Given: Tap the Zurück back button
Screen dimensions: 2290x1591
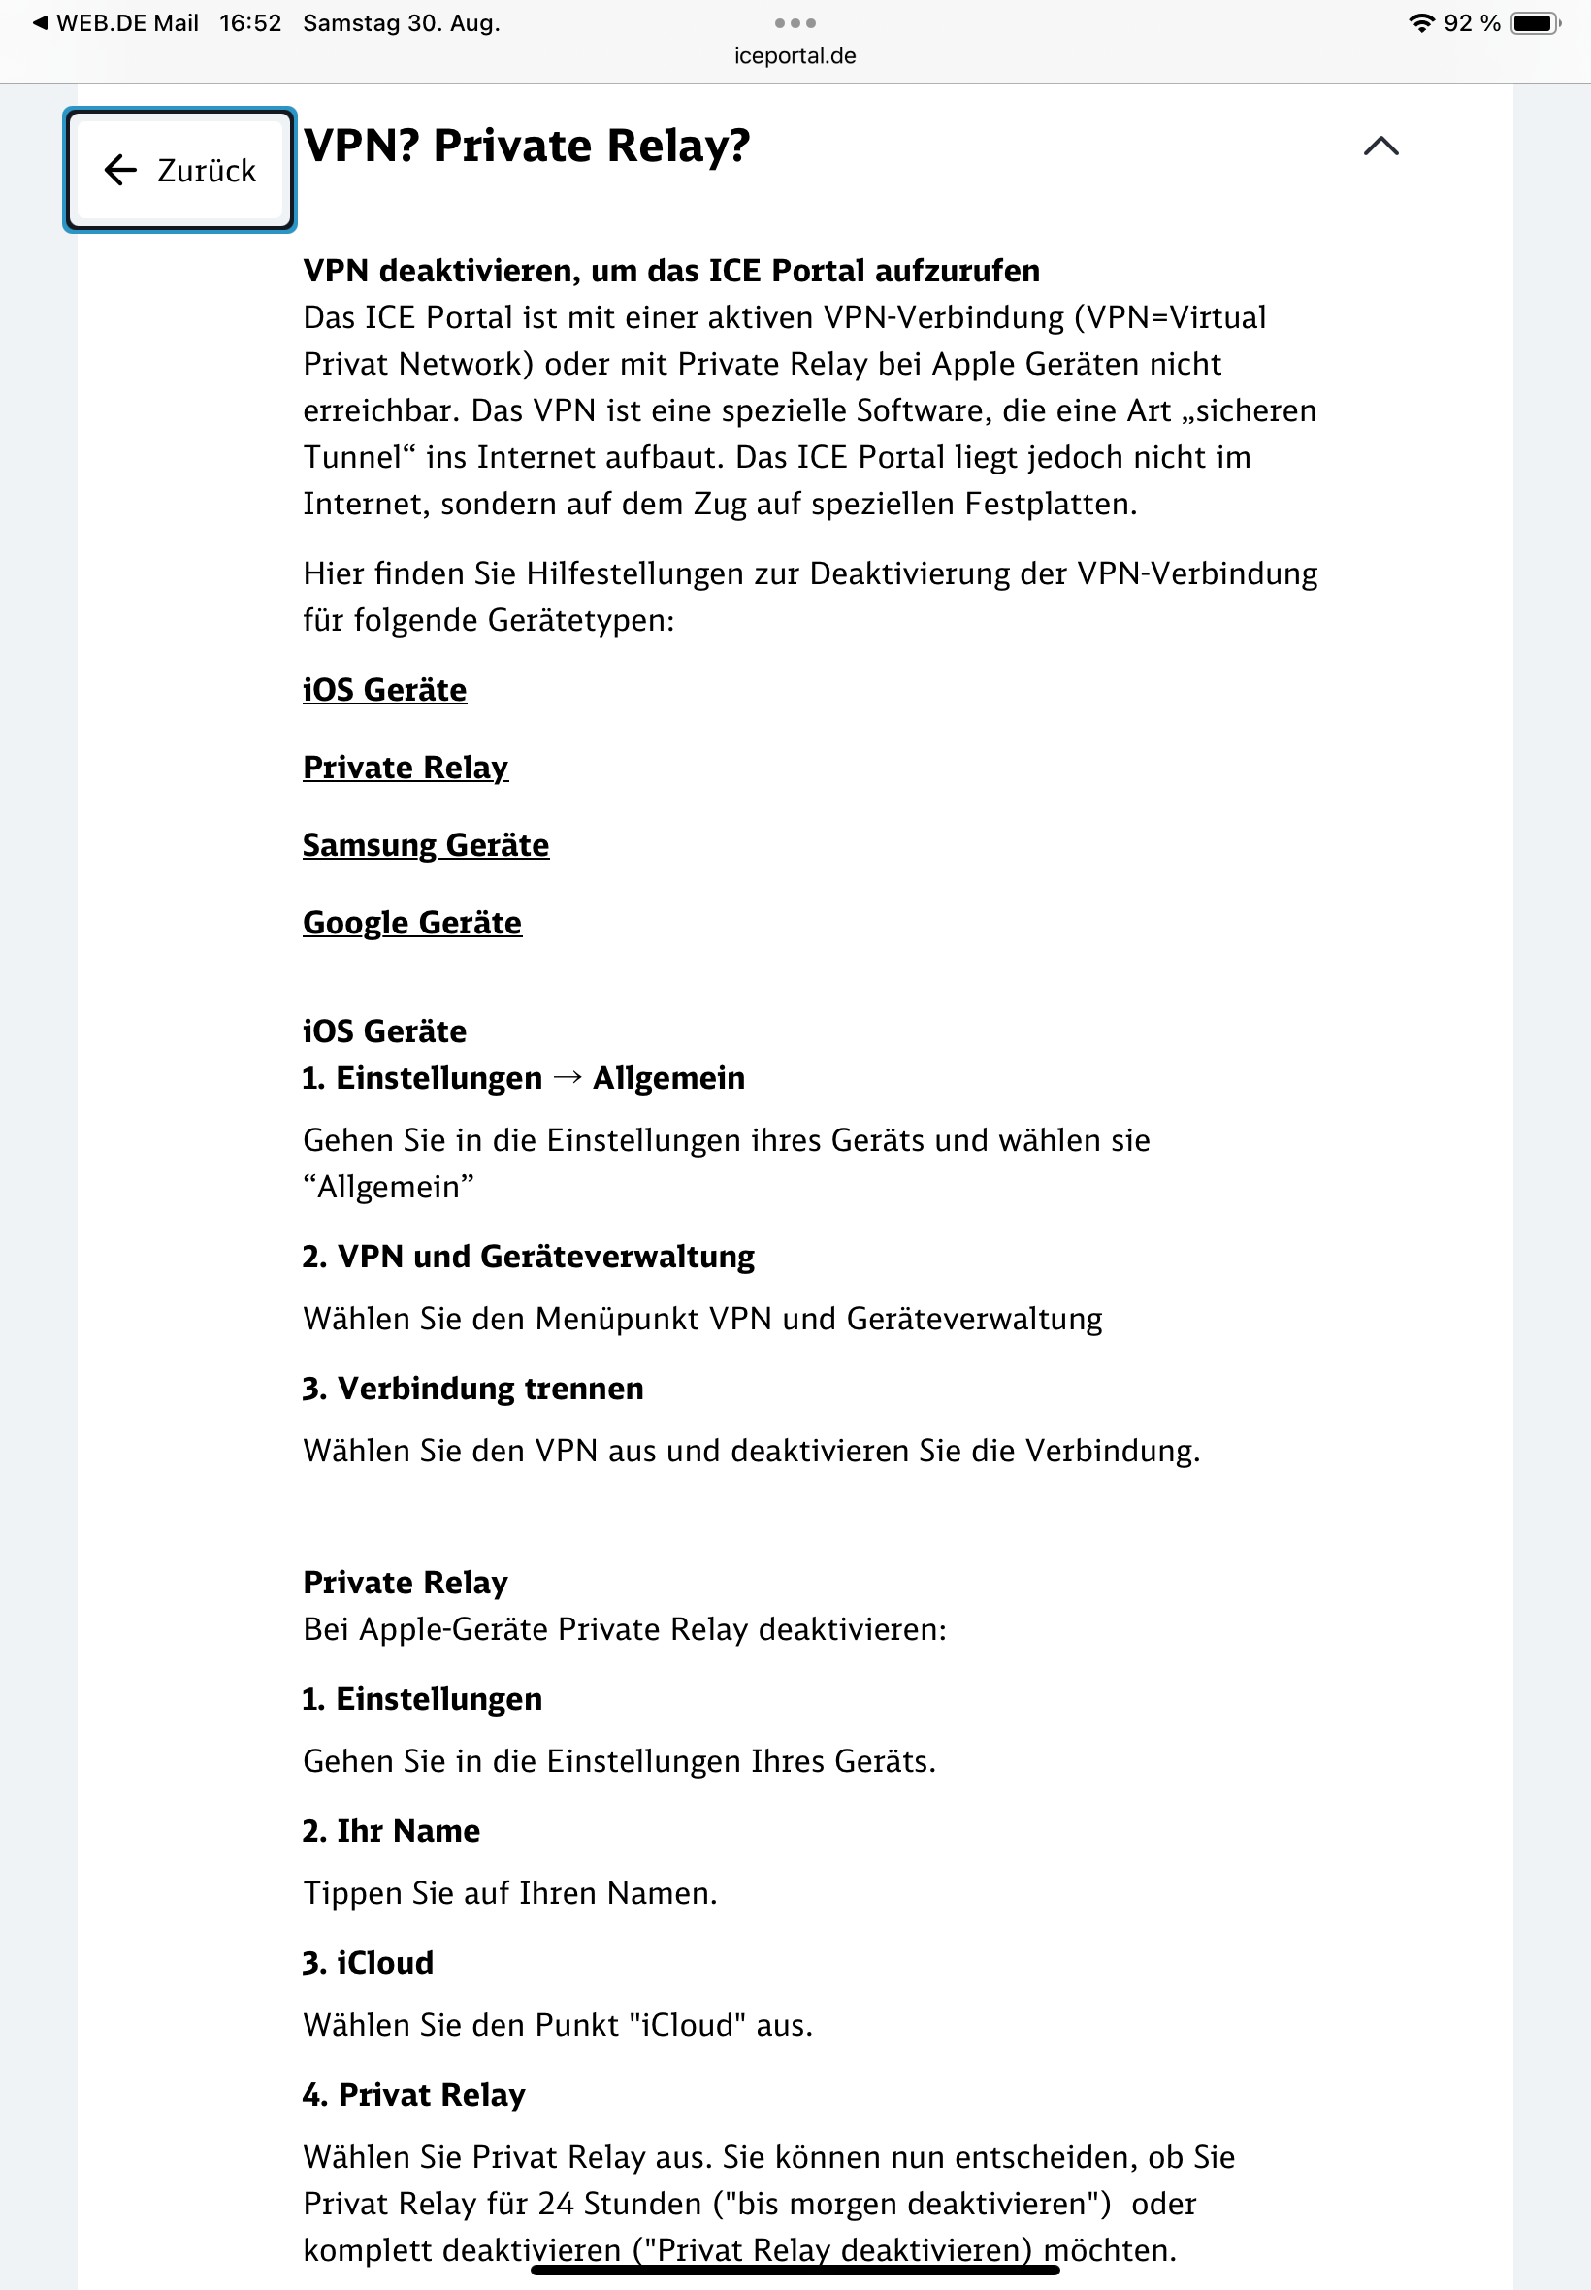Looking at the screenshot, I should pyautogui.click(x=179, y=171).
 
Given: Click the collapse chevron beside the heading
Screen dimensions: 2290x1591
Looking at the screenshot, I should pyautogui.click(x=1380, y=147).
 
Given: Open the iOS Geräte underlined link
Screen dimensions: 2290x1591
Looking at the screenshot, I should pyautogui.click(x=385, y=690).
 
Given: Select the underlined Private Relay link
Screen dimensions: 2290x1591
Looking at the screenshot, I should pyautogui.click(x=406, y=768).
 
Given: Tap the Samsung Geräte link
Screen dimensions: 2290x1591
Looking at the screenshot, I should pyautogui.click(x=426, y=845).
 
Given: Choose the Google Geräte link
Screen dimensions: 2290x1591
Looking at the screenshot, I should pyautogui.click(x=411, y=923).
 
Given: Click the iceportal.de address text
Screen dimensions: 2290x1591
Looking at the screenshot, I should pyautogui.click(x=795, y=56).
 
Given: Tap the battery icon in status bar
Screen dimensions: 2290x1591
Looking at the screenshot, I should pyautogui.click(x=1534, y=23).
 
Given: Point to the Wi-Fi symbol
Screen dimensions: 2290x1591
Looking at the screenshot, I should pyautogui.click(x=1420, y=23).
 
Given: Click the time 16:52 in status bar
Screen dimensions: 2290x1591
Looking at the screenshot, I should pyautogui.click(x=250, y=23).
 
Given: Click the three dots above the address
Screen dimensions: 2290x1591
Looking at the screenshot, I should pyautogui.click(x=795, y=23).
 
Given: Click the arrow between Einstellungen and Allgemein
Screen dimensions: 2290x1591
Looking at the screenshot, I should pyautogui.click(x=568, y=1078).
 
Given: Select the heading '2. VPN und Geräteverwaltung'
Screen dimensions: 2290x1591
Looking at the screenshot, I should pyautogui.click(x=529, y=1257).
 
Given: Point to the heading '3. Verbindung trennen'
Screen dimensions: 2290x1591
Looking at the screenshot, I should pyautogui.click(x=473, y=1389).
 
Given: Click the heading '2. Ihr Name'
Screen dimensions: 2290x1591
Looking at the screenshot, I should pyautogui.click(x=392, y=1831).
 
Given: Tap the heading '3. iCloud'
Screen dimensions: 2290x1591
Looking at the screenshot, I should pyautogui.click(x=369, y=1963).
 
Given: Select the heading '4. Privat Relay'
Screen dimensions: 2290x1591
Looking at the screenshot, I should pyautogui.click(x=413, y=2095).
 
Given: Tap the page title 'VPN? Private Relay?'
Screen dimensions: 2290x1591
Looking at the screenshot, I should pyautogui.click(x=527, y=147).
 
